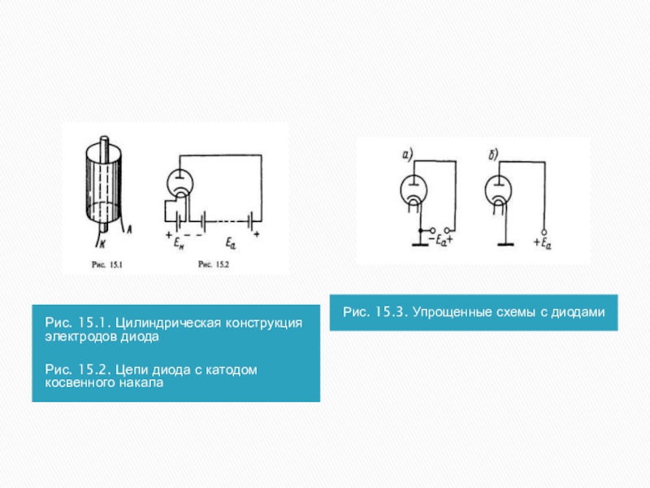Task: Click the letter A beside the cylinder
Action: tap(129, 229)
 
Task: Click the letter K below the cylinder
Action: tap(102, 245)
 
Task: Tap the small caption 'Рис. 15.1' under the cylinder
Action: tap(107, 264)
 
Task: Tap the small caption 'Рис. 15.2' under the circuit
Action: tap(214, 264)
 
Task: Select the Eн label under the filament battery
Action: tap(179, 242)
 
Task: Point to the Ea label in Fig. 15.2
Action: tap(231, 242)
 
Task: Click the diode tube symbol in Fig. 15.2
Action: tap(180, 184)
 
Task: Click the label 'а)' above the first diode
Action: tap(408, 155)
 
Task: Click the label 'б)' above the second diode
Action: tap(493, 155)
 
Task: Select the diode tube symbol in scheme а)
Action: tap(414, 190)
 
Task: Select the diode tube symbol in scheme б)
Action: tap(498, 190)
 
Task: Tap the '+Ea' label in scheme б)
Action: tap(542, 242)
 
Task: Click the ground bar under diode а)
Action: tap(420, 245)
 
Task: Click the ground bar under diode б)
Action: tap(505, 245)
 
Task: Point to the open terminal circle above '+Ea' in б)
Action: tap(544, 233)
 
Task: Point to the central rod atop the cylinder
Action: tap(104, 150)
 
